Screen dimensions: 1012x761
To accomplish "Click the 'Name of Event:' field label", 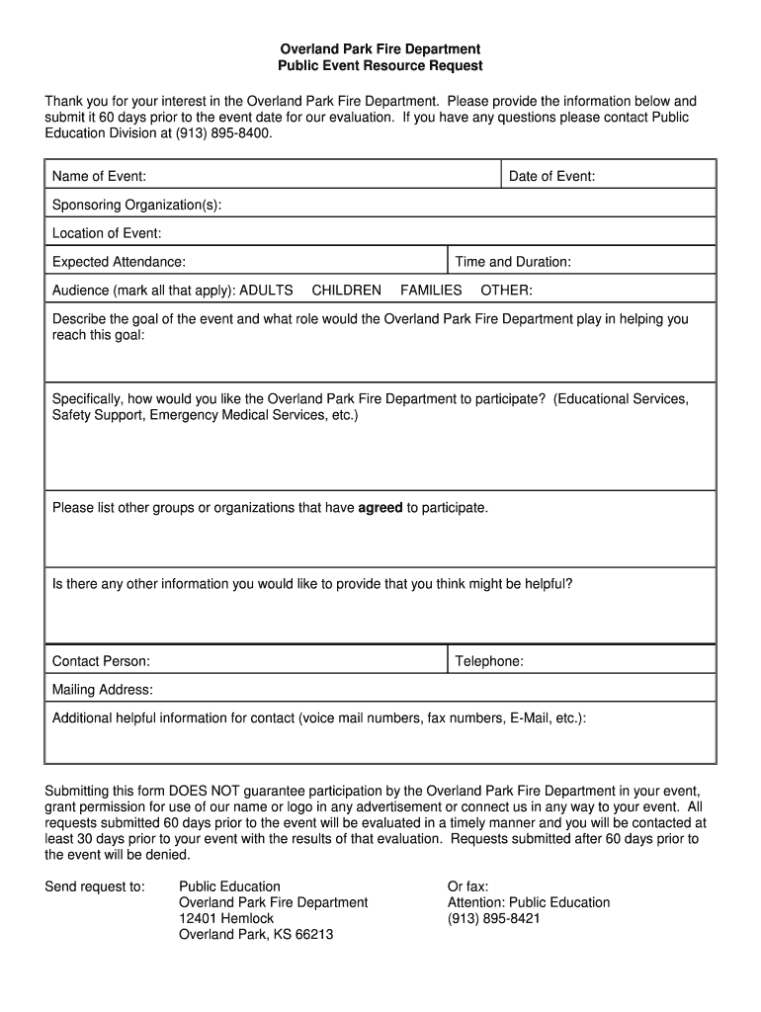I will pyautogui.click(x=99, y=177).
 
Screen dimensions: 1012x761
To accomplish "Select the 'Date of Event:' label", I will pyautogui.click(x=551, y=177).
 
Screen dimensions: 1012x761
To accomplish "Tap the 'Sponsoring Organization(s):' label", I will pyautogui.click(x=136, y=205).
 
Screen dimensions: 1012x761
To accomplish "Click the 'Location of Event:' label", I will pyautogui.click(x=106, y=233).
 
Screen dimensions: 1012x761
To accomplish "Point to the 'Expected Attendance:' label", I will pyautogui.click(x=119, y=262).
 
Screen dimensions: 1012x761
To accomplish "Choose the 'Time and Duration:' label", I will pyautogui.click(x=512, y=262).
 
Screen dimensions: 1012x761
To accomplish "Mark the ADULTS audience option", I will pyautogui.click(x=266, y=290).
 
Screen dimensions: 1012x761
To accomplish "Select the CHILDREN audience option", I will pyautogui.click(x=346, y=290).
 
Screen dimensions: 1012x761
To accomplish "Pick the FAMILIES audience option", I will pyautogui.click(x=431, y=290).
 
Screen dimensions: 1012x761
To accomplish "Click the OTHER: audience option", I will pyautogui.click(x=506, y=290).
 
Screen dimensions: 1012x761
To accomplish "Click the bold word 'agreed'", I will pyautogui.click(x=380, y=508).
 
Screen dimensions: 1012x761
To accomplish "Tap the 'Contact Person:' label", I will pyautogui.click(x=101, y=661).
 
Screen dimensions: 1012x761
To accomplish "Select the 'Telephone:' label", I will pyautogui.click(x=488, y=661).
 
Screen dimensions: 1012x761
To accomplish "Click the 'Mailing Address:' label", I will pyautogui.click(x=102, y=690).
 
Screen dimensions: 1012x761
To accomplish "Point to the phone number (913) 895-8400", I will pyautogui.click(x=222, y=133).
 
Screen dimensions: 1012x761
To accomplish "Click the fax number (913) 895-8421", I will pyautogui.click(x=493, y=918).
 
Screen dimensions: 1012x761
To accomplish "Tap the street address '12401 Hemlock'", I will pyautogui.click(x=225, y=918).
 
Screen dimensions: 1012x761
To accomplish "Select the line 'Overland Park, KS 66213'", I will pyautogui.click(x=255, y=934).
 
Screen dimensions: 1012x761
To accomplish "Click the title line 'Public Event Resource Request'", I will pyautogui.click(x=380, y=66).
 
